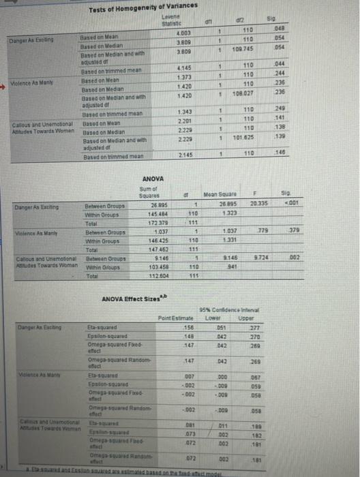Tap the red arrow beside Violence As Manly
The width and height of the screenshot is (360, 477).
tap(4, 78)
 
